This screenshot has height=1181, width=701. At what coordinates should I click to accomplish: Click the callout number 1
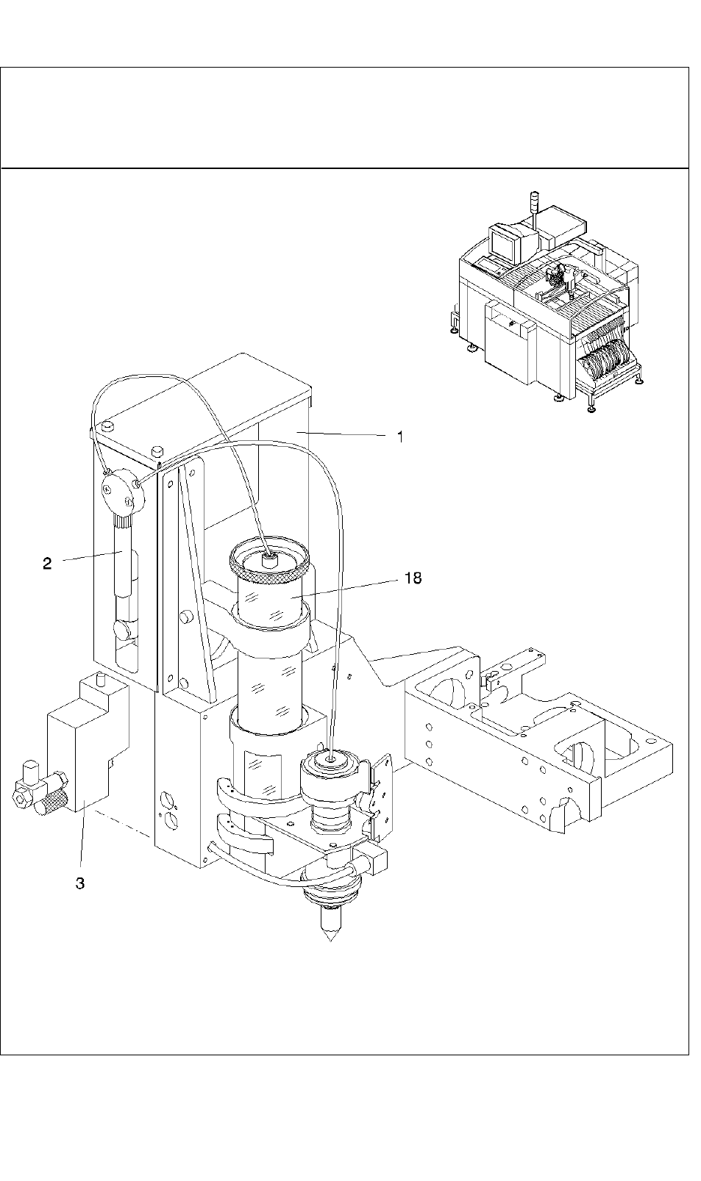[x=400, y=437]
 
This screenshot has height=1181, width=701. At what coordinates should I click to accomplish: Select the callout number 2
[x=48, y=563]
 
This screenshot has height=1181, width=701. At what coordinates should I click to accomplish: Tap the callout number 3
[x=79, y=883]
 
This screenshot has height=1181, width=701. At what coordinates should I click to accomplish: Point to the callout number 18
[x=413, y=578]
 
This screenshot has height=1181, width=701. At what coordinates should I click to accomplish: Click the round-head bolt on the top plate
[x=108, y=425]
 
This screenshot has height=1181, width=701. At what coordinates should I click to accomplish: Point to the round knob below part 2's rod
[x=122, y=629]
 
